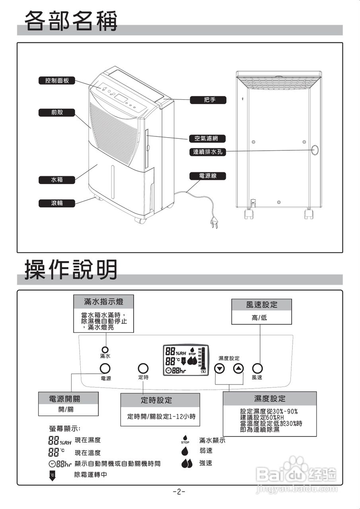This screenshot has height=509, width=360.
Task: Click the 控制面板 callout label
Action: (57, 81)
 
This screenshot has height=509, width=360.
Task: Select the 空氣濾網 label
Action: (207, 139)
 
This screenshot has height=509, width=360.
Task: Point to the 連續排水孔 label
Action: (207, 152)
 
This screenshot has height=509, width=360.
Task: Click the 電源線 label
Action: (207, 176)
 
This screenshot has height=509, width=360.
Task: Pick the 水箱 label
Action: (57, 180)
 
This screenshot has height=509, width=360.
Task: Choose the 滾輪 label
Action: (57, 204)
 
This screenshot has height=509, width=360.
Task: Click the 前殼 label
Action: (57, 113)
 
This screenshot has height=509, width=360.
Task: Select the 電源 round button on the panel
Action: (105, 368)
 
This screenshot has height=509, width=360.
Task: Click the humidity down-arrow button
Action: (220, 369)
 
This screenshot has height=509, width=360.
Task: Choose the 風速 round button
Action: (257, 368)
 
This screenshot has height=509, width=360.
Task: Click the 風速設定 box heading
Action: (261, 305)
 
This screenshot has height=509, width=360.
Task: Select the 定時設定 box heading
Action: (156, 400)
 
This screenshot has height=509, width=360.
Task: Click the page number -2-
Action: (179, 492)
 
